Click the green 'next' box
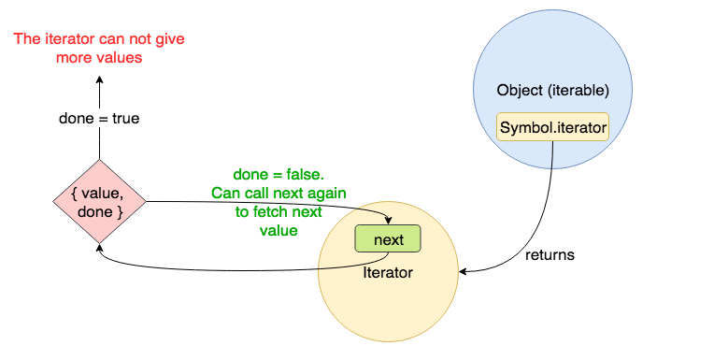tap(388, 239)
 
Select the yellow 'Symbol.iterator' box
tap(554, 126)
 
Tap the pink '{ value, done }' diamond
tap(98, 201)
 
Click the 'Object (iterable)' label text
tap(553, 92)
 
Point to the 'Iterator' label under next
tap(388, 272)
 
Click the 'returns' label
tap(550, 254)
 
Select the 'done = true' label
tap(98, 119)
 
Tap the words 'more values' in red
tap(98, 57)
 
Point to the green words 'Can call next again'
tap(278, 193)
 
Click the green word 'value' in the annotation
tap(278, 230)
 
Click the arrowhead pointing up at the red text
tap(98, 81)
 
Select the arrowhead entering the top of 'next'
tap(388, 221)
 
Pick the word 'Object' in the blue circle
tap(521, 92)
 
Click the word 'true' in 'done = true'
tap(124, 119)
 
